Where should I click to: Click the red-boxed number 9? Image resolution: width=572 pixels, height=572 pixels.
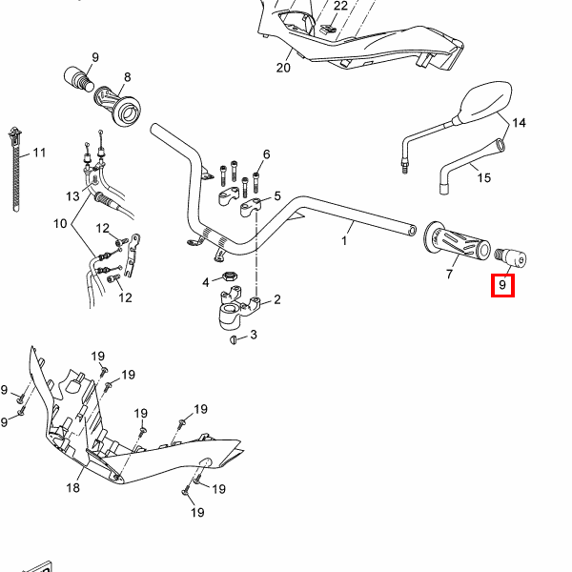502,285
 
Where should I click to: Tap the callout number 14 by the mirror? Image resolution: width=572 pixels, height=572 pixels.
519,123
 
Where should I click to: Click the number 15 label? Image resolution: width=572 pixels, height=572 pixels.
484,177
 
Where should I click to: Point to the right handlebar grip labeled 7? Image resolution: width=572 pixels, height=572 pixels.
457,241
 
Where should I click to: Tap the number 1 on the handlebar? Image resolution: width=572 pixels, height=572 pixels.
344,241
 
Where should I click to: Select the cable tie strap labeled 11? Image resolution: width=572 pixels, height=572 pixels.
15,169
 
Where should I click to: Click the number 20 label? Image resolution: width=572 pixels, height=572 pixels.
283,68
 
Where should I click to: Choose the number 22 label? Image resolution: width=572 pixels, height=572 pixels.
340,6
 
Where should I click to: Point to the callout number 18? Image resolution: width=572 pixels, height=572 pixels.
73,487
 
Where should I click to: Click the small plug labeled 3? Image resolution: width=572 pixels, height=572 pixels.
234,340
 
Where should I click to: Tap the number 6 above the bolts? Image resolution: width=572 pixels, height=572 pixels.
267,154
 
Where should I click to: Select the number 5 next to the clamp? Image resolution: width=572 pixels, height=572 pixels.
277,195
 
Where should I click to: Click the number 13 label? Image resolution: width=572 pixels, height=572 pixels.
72,196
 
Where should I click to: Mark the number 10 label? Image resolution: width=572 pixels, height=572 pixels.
60,223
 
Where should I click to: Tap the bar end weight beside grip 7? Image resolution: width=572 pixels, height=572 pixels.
511,256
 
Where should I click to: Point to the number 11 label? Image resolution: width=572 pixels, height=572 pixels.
39,153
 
